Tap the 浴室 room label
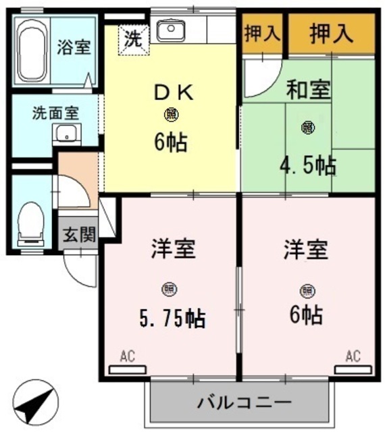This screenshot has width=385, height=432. (x=75, y=48)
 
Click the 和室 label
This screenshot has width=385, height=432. (x=308, y=90)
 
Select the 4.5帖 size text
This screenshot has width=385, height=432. (x=308, y=165)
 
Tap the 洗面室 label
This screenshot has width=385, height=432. (x=55, y=112)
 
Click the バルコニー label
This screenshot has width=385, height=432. (x=244, y=402)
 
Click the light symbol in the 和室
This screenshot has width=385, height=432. (x=308, y=126)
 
